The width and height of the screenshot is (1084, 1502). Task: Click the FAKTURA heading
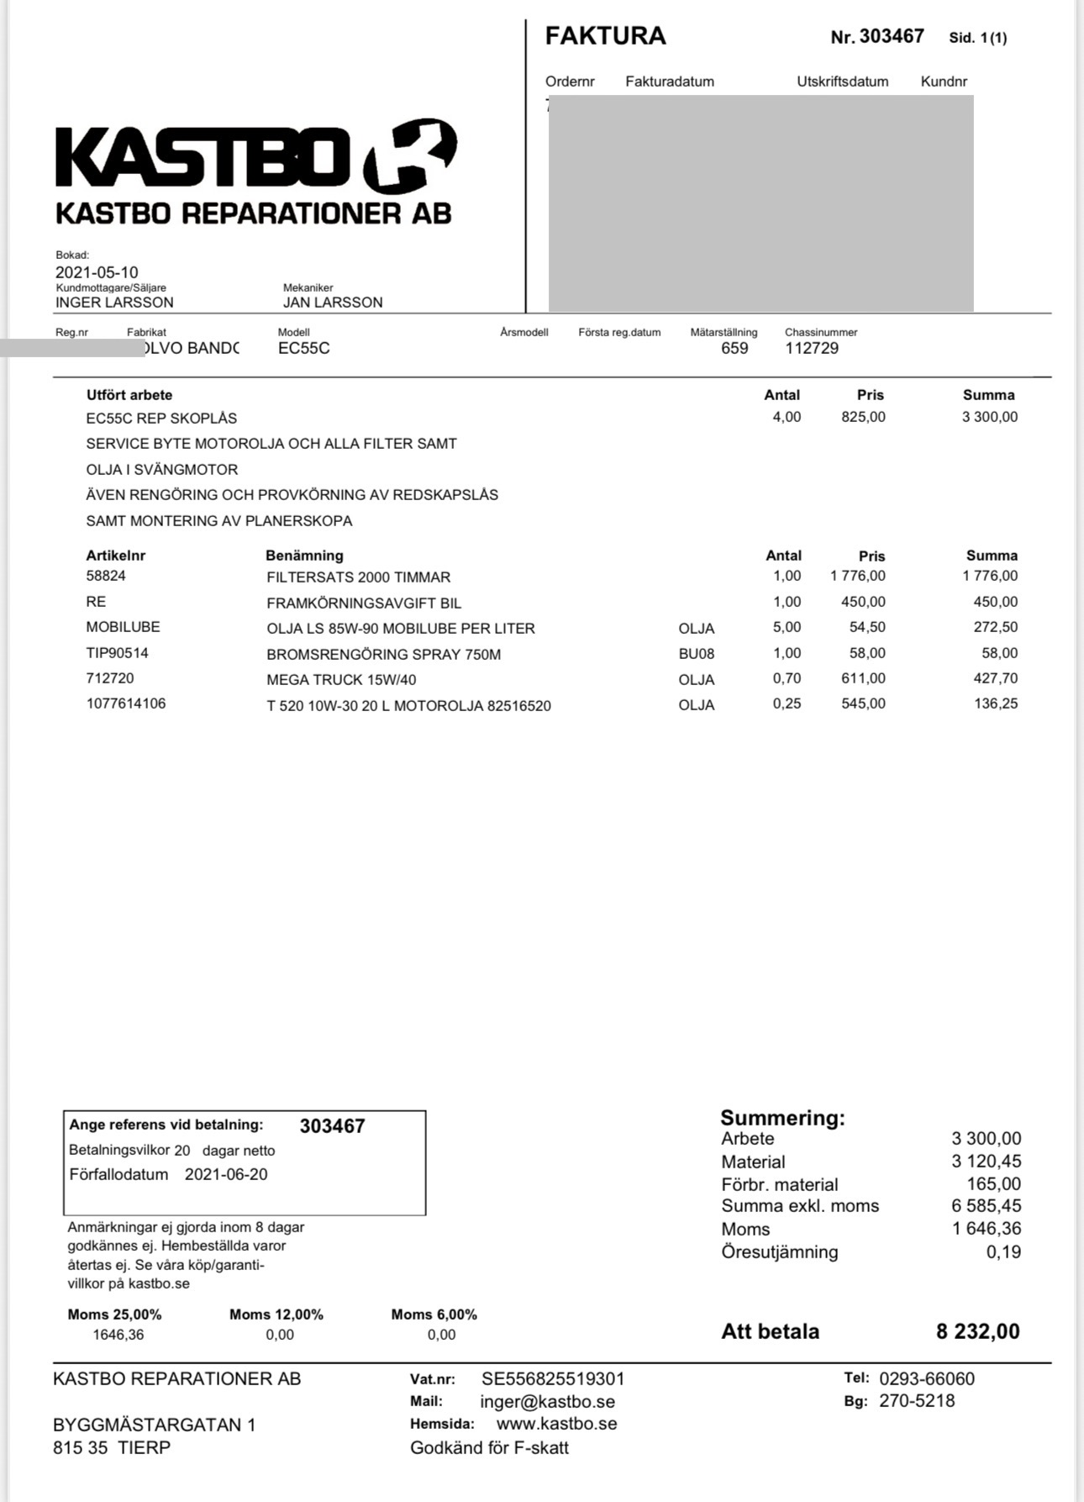605,36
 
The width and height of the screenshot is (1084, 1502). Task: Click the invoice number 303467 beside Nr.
892,36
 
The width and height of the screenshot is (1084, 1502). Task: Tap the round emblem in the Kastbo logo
411,155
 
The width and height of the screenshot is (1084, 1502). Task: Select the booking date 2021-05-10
97,272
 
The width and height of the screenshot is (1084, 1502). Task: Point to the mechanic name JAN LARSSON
333,303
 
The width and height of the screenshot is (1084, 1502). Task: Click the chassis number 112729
812,349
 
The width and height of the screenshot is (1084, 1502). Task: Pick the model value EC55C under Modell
304,349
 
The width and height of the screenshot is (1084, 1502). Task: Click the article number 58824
106,577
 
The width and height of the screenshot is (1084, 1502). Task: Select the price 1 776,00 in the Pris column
857,577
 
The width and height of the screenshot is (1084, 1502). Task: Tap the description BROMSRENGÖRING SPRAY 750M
383,655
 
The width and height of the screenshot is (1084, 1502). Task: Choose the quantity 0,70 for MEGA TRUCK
787,679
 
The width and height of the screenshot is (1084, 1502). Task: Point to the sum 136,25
996,704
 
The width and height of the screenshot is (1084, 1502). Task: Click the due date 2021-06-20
226,1175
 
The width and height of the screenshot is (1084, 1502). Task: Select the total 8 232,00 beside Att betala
977,1331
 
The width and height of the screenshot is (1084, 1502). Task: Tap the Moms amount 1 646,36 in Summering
987,1229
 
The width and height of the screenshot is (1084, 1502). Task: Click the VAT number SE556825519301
553,1379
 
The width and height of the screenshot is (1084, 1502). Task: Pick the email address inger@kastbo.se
547,1402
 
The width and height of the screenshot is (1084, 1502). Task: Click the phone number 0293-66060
927,1379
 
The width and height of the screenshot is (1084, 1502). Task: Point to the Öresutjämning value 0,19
1003,1252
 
